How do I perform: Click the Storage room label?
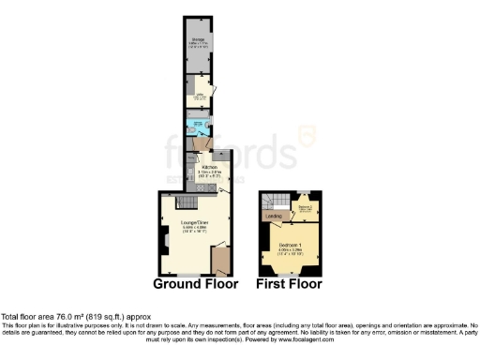[199, 40]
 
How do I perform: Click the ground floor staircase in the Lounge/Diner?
[186, 203]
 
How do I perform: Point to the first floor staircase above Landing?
[272, 202]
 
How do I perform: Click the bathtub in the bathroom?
[198, 124]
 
